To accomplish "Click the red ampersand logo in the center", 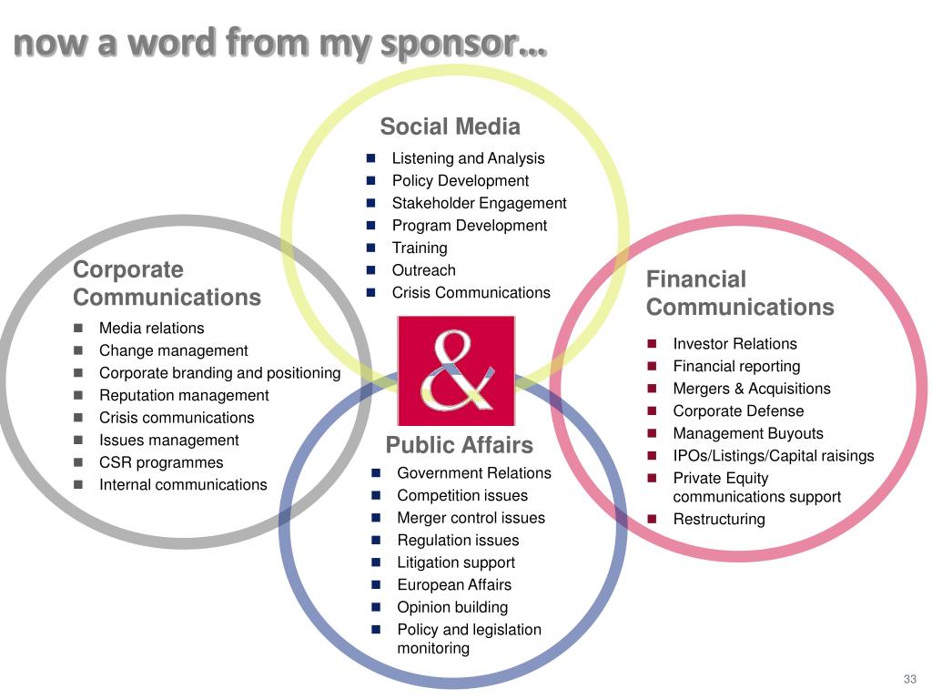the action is (456, 370).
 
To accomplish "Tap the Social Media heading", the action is (450, 127).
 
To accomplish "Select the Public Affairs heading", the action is (459, 445).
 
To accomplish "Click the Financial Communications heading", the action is (739, 293).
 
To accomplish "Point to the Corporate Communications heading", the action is (166, 283).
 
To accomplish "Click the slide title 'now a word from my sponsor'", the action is (280, 43).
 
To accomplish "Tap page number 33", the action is (909, 679).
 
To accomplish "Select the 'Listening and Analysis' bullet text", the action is (468, 158).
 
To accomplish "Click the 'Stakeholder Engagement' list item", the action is (479, 203).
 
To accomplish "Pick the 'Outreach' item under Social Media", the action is (423, 270).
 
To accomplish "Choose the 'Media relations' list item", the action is (151, 329).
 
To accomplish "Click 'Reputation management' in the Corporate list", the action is (184, 396).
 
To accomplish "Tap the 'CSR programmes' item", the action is (160, 462).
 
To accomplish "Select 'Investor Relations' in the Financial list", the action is (734, 344).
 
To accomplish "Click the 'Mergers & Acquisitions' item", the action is (751, 389).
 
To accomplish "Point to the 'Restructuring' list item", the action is (719, 520).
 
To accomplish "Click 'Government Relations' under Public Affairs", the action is (473, 473).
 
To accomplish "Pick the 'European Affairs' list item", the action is (454, 585).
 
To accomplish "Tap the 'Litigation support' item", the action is (456, 562).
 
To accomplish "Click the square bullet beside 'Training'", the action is (371, 248).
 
